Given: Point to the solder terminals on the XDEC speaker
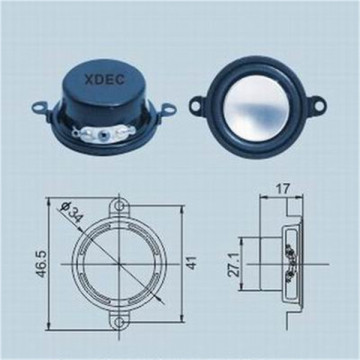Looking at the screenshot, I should pos(105,131).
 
